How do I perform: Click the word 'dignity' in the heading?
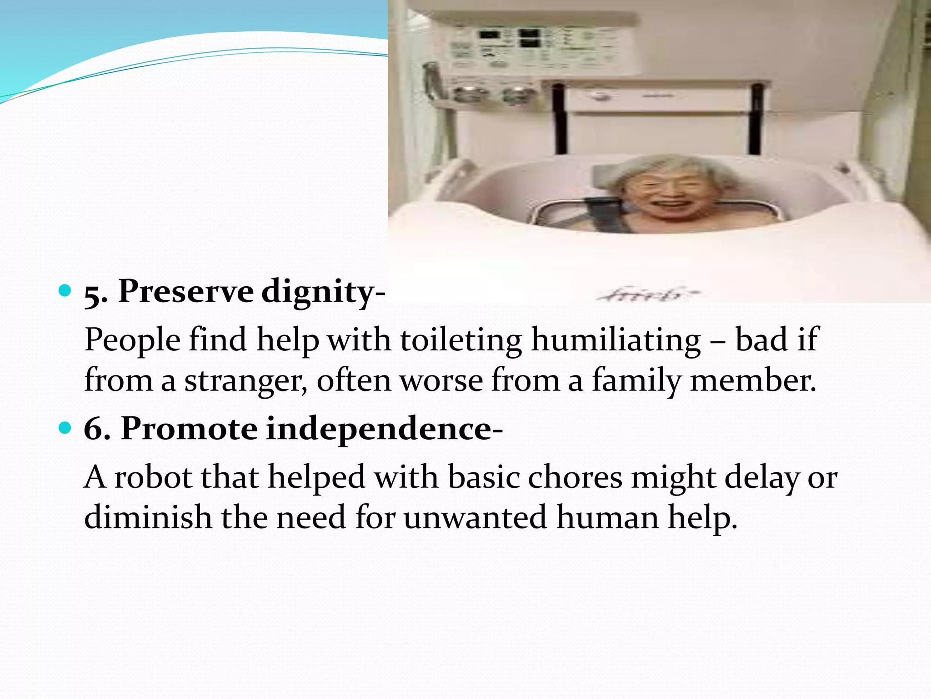(317, 292)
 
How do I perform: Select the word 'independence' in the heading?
(378, 429)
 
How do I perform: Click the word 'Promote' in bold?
(189, 429)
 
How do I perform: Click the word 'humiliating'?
(616, 340)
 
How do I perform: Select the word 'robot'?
(153, 477)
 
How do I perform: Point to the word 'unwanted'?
(475, 517)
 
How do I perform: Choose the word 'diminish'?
(148, 517)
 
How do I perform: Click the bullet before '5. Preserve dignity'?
(65, 290)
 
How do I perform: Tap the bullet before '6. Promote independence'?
(65, 428)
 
